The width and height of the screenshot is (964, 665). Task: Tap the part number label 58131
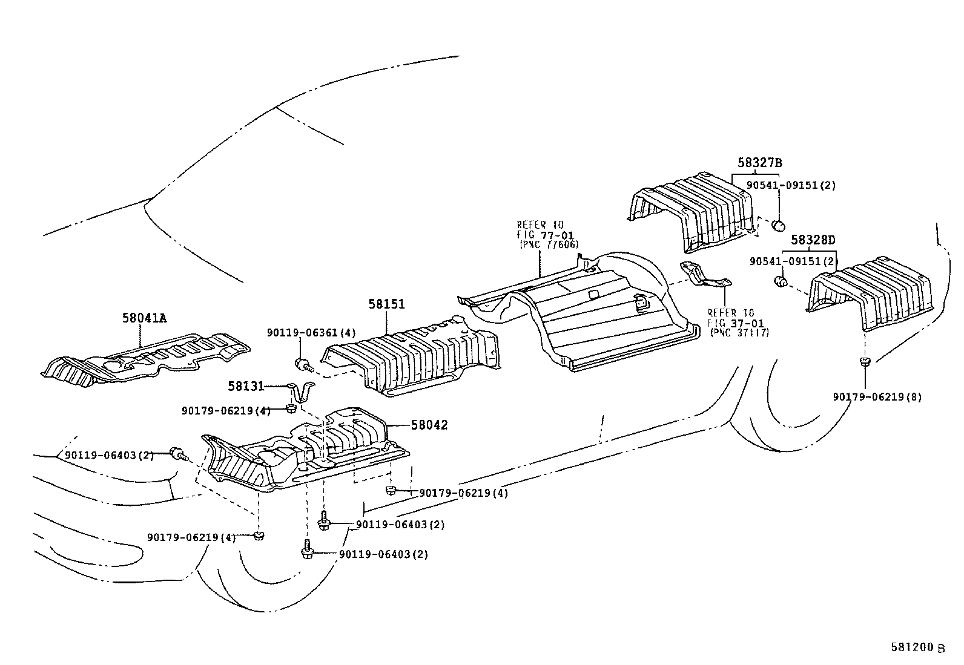click(246, 385)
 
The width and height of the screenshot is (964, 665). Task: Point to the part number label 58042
click(429, 425)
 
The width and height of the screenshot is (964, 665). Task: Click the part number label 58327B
click(760, 163)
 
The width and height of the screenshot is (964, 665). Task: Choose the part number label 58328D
click(813, 240)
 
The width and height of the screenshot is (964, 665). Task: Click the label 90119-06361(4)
click(312, 332)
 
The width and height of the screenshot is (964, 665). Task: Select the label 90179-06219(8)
click(877, 397)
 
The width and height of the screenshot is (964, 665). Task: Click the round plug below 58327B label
click(779, 226)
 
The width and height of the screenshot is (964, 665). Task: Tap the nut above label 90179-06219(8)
click(865, 362)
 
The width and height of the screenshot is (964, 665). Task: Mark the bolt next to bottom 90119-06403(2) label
click(307, 552)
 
